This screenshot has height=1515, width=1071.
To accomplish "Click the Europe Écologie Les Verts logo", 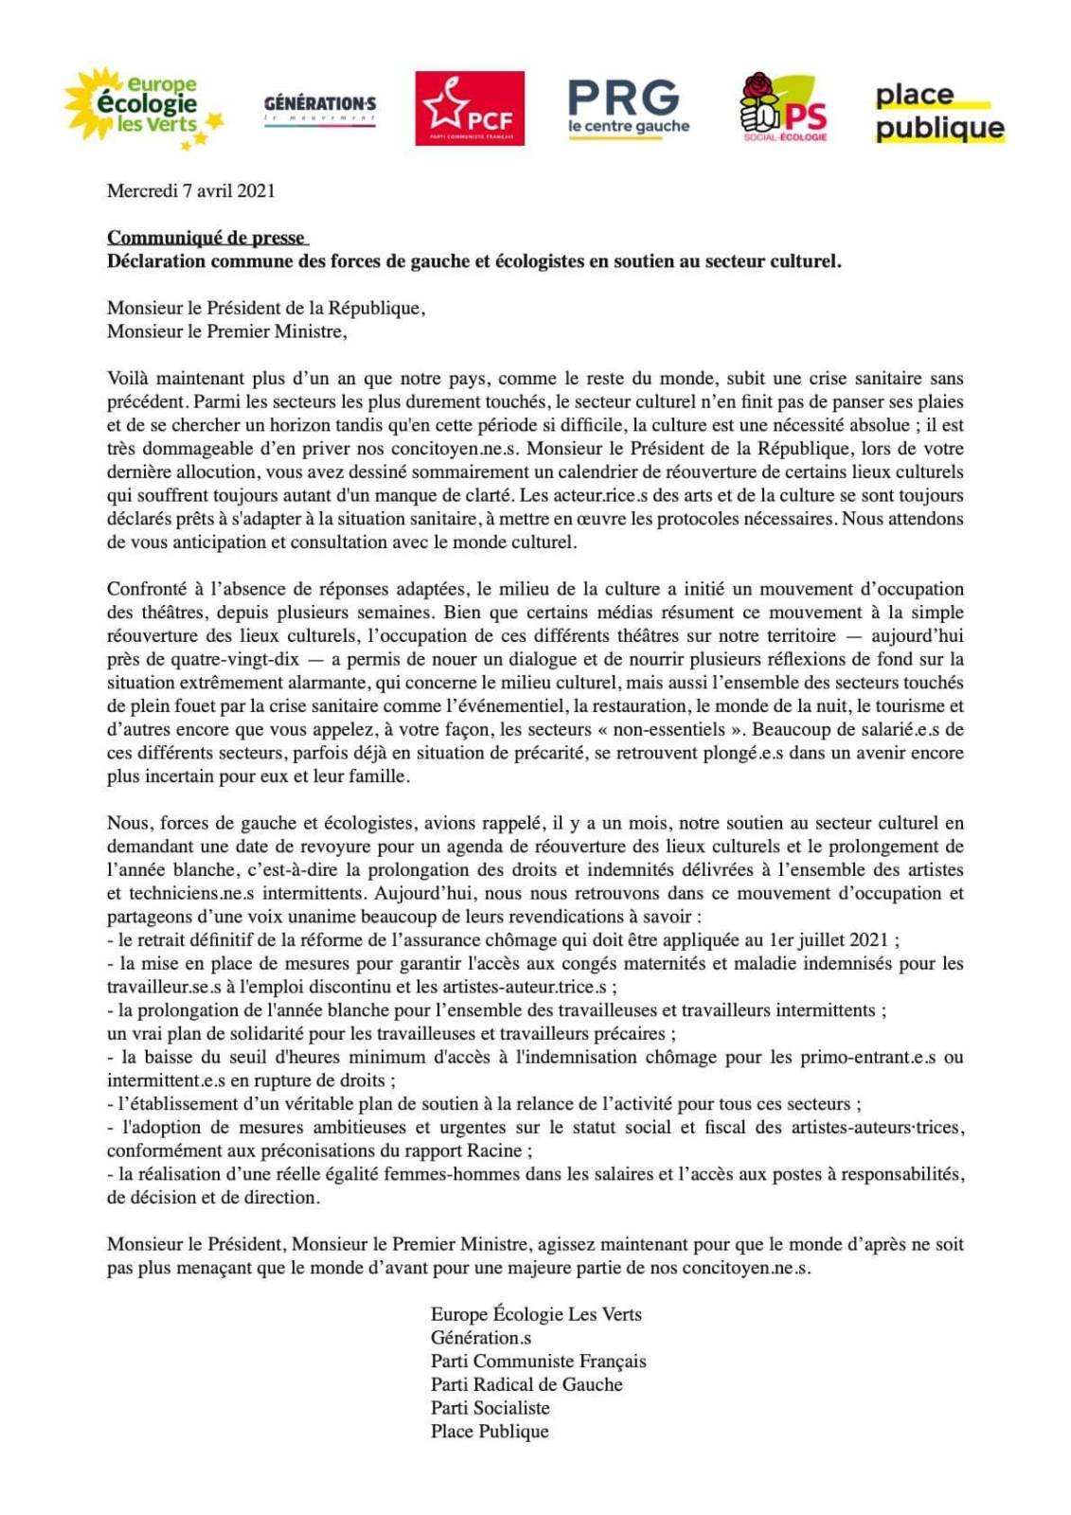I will coord(144,107).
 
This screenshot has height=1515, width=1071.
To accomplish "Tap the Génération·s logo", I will coord(319,109).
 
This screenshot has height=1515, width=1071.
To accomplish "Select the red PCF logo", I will coord(470,108).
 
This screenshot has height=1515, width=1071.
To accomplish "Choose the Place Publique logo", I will coord(938,111).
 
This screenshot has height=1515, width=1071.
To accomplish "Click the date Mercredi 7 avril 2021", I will coord(191,190).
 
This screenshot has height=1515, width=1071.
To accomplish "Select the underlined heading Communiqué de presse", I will coord(206,238).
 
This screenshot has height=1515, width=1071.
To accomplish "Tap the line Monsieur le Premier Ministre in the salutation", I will coord(226,331).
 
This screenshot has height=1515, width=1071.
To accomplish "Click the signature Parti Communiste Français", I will coord(538,1361).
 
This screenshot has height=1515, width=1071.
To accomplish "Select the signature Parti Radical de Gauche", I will coord(527,1384).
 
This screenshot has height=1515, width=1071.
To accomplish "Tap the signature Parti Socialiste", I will coord(490,1408).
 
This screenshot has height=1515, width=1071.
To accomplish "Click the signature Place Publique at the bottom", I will coord(490,1431).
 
